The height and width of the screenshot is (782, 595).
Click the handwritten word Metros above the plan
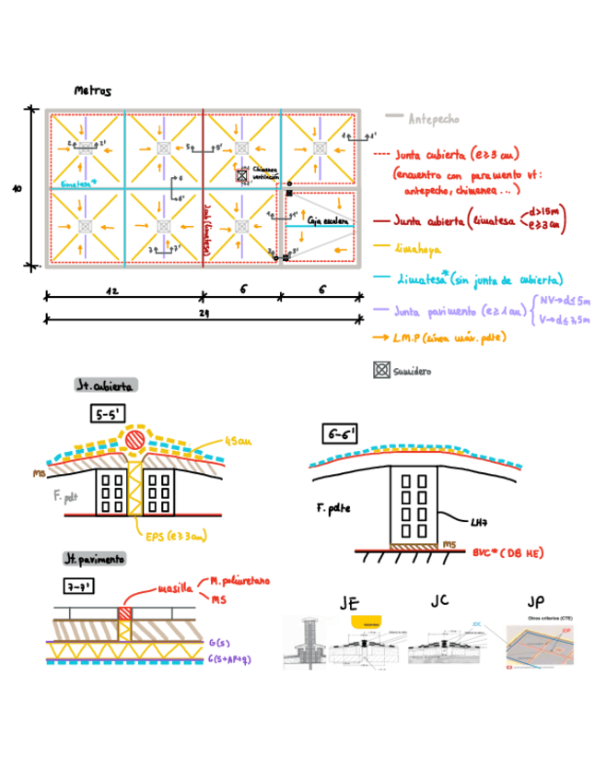tap(92, 91)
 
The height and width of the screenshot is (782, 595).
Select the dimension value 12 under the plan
tap(111, 290)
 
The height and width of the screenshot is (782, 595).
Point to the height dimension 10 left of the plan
tap(17, 188)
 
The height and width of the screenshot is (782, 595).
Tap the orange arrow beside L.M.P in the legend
tap(380, 338)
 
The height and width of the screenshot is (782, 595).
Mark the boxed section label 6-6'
tap(340, 433)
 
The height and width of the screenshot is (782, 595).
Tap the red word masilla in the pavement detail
tap(175, 587)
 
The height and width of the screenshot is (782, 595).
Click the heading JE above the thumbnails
tap(348, 603)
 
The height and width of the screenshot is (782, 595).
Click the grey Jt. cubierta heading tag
tap(105, 385)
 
